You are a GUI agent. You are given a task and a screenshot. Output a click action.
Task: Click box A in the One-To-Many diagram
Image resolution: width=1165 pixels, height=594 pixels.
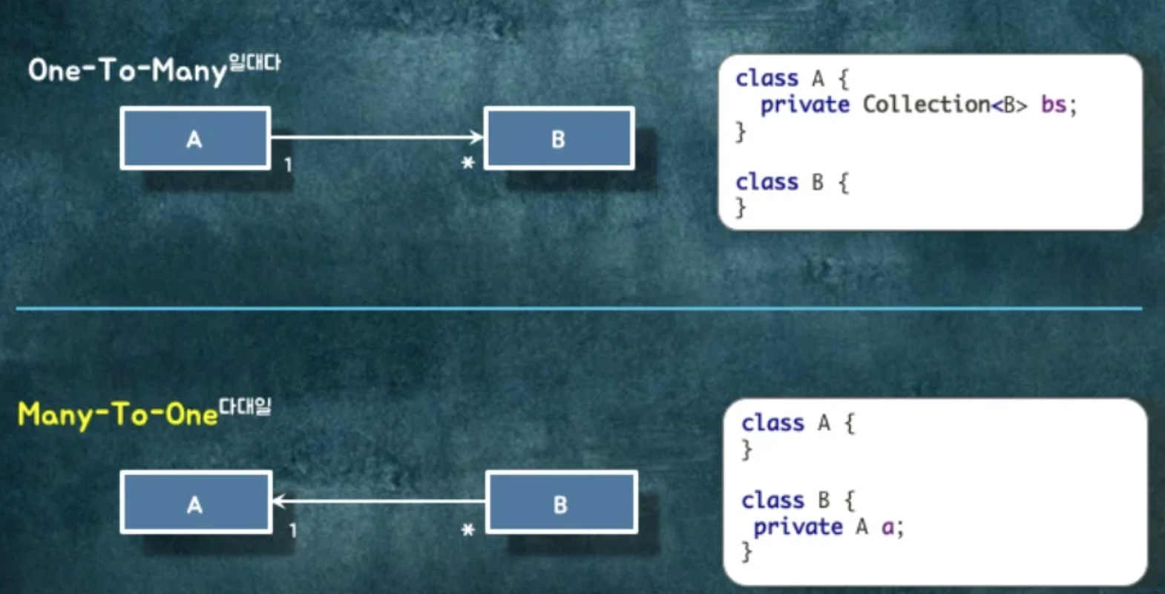click(x=195, y=138)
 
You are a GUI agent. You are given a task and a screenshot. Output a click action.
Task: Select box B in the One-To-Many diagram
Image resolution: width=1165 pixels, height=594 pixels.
click(x=559, y=138)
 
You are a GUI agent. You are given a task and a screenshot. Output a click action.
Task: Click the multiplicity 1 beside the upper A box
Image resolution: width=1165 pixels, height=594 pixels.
click(x=288, y=165)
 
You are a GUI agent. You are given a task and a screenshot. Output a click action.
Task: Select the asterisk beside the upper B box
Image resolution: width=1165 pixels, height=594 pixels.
click(x=467, y=163)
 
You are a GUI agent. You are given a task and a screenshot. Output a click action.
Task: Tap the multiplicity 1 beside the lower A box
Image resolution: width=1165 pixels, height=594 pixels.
click(x=293, y=530)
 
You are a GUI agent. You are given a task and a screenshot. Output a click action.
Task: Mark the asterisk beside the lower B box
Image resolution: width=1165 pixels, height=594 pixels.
click(x=467, y=529)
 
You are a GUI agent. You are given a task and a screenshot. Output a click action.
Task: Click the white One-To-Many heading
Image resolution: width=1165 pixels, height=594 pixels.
click(x=127, y=71)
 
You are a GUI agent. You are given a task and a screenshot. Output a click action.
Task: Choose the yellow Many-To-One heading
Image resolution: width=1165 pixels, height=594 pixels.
click(x=117, y=414)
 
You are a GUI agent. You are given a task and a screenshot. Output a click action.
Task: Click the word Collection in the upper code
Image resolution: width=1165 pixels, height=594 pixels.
click(x=926, y=105)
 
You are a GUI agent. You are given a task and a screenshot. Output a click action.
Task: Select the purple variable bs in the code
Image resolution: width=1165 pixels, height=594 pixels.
click(x=1054, y=105)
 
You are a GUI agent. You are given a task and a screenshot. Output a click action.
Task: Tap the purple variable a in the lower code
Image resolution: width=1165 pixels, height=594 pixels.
click(x=887, y=527)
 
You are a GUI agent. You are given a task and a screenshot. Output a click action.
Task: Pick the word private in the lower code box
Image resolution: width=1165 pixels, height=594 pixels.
click(x=798, y=527)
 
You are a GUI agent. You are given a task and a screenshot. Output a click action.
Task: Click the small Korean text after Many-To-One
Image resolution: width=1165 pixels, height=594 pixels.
click(x=245, y=407)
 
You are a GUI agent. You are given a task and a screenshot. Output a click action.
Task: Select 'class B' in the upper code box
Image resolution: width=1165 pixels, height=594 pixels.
click(x=779, y=182)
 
